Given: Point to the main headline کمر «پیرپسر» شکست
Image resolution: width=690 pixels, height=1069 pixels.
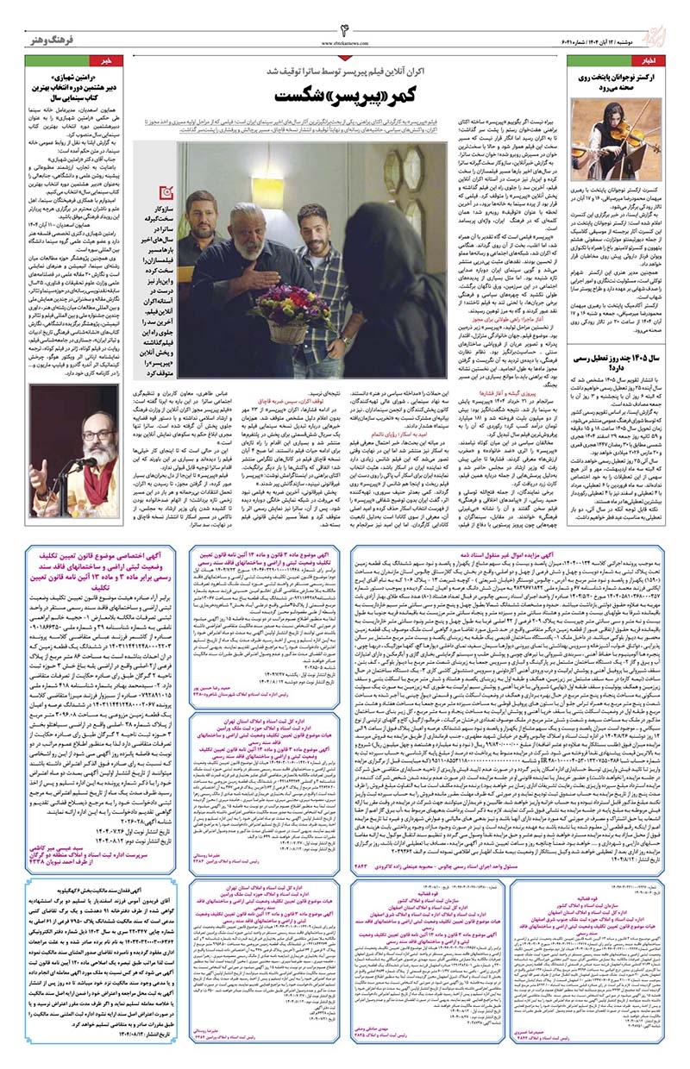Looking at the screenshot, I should (x=344, y=90).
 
